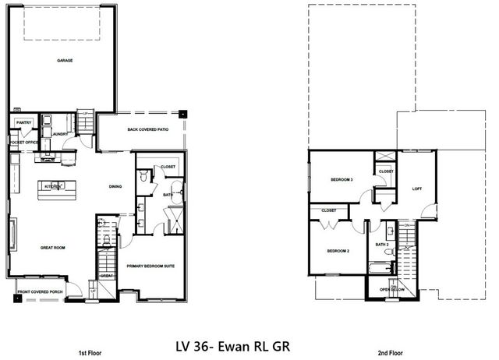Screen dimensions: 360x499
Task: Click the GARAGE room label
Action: (x=65, y=60)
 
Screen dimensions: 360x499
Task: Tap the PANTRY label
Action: (x=23, y=122)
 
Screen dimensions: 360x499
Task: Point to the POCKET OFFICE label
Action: (x=24, y=143)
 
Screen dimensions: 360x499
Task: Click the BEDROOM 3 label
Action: (x=342, y=180)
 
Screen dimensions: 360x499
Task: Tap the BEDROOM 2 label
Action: (x=337, y=251)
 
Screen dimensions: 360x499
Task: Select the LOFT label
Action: (x=416, y=188)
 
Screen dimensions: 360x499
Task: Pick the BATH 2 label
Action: (x=381, y=245)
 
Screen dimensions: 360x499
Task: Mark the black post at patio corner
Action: (x=182, y=111)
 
